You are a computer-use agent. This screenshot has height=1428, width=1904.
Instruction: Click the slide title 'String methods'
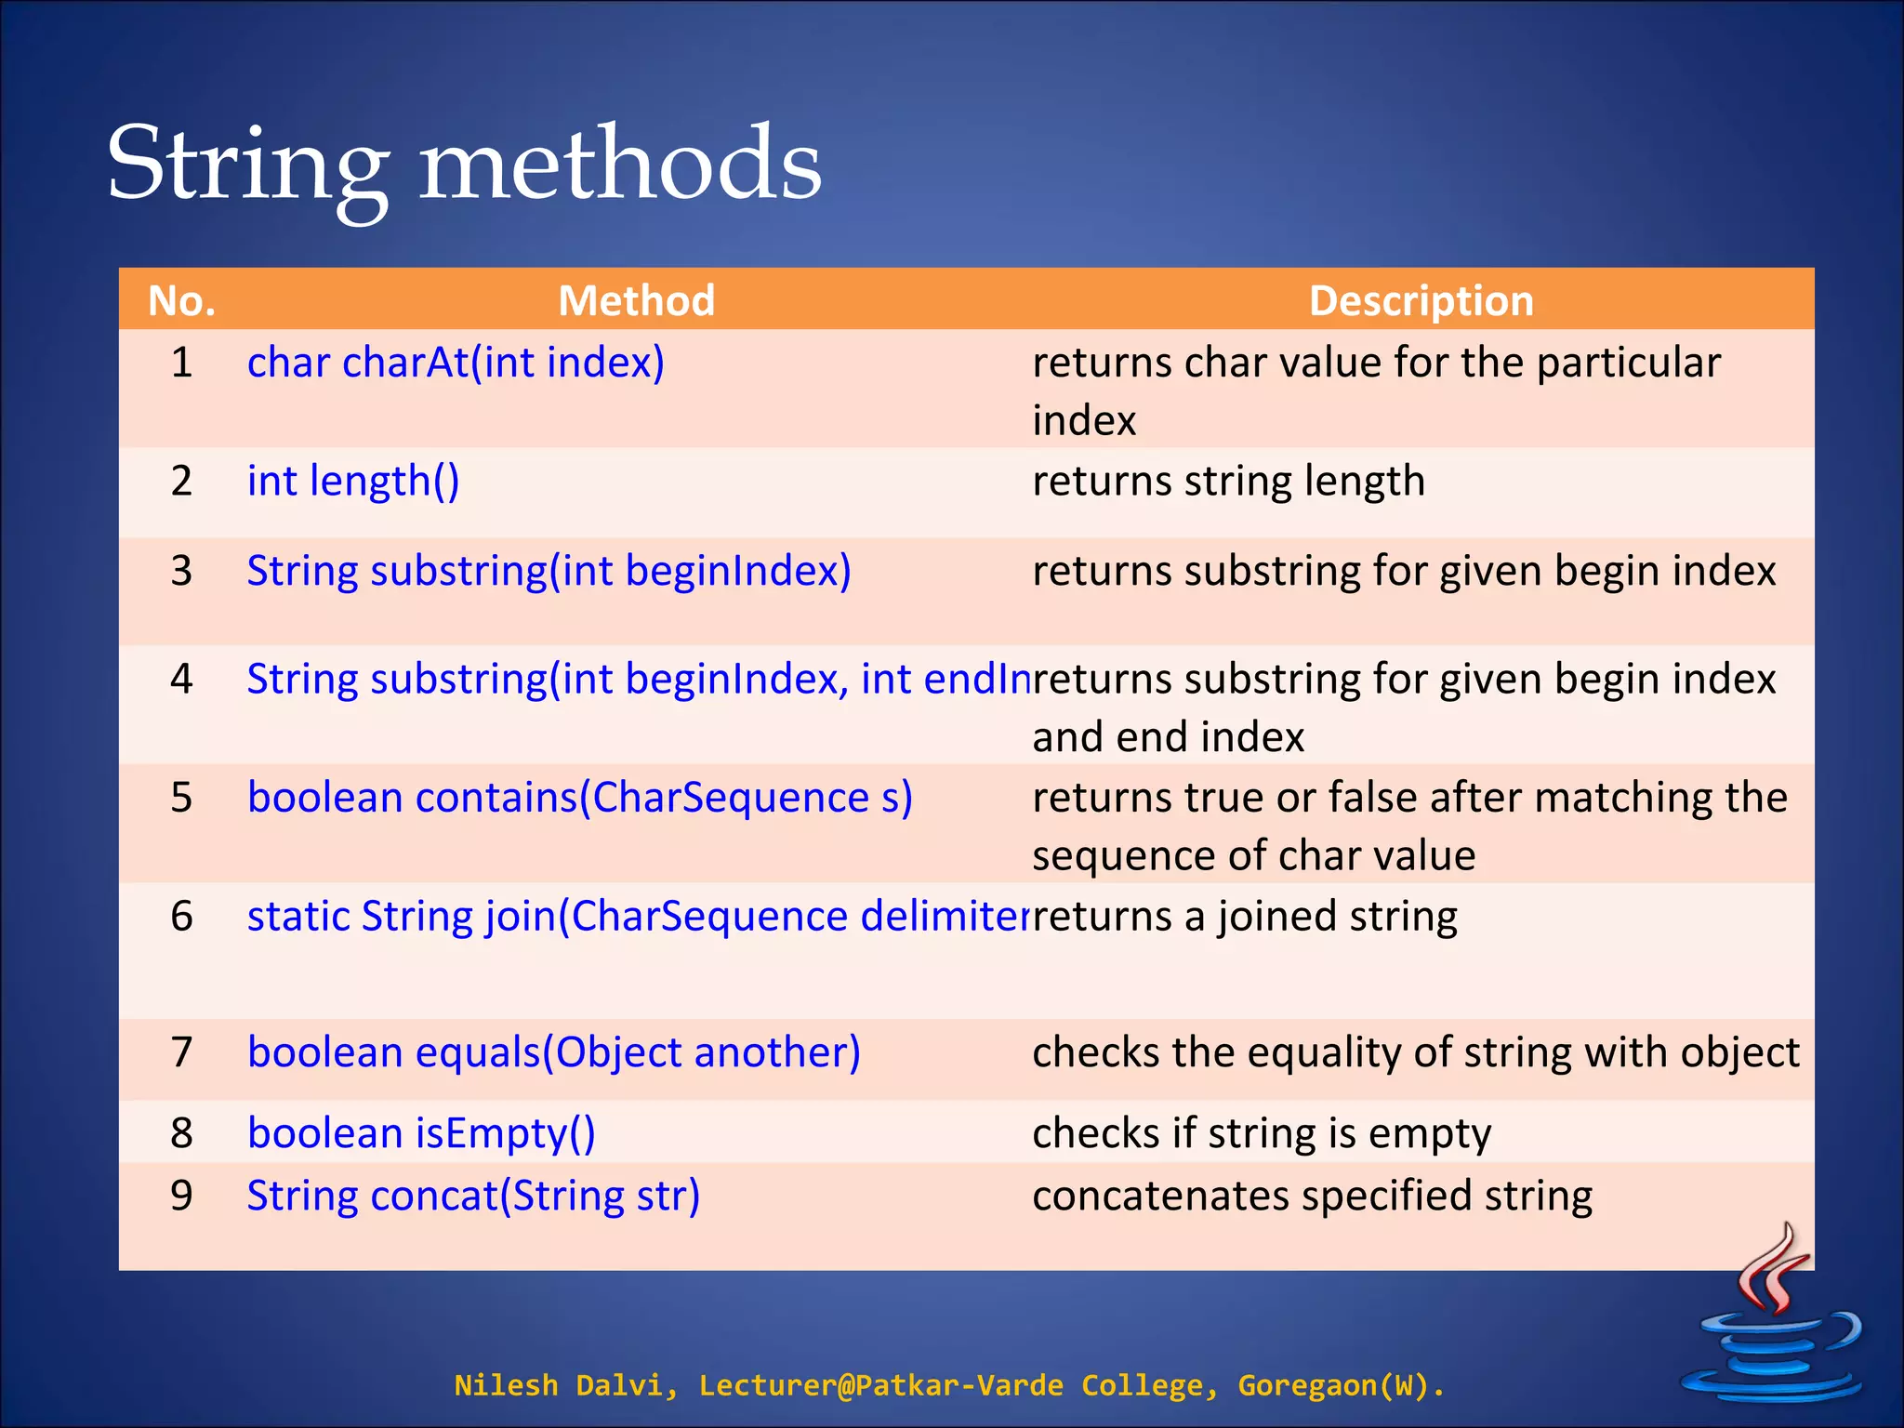pyautogui.click(x=464, y=165)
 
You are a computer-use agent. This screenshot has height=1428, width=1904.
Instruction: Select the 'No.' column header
pyautogui.click(x=181, y=301)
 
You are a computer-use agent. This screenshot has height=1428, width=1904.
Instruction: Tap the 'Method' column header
pyautogui.click(x=636, y=301)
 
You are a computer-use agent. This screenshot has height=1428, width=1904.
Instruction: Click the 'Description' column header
pyautogui.click(x=1421, y=301)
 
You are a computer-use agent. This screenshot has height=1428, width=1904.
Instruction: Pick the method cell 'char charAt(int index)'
pyautogui.click(x=456, y=363)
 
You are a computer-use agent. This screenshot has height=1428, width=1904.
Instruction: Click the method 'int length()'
pyautogui.click(x=352, y=482)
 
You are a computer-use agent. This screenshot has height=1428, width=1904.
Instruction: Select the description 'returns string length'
pyautogui.click(x=1227, y=482)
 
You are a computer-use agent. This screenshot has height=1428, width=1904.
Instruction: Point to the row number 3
pyautogui.click(x=181, y=571)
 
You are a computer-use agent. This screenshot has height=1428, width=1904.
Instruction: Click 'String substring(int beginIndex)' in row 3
pyautogui.click(x=549, y=571)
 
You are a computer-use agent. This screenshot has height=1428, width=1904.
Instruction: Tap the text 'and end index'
pyautogui.click(x=1168, y=737)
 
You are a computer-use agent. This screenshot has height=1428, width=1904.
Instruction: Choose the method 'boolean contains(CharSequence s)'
pyautogui.click(x=579, y=798)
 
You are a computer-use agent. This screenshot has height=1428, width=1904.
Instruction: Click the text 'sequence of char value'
pyautogui.click(x=1253, y=855)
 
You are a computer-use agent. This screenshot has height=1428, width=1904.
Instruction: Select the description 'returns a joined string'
pyautogui.click(x=1244, y=917)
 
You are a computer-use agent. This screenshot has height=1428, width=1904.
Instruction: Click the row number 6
pyautogui.click(x=181, y=917)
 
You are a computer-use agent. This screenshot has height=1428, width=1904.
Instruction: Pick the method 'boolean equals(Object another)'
pyautogui.click(x=553, y=1052)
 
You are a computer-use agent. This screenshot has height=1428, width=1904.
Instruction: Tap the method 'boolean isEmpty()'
pyautogui.click(x=420, y=1133)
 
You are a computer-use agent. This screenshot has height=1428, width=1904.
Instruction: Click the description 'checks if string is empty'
pyautogui.click(x=1261, y=1133)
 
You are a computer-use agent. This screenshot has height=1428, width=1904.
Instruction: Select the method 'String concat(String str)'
pyautogui.click(x=472, y=1196)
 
